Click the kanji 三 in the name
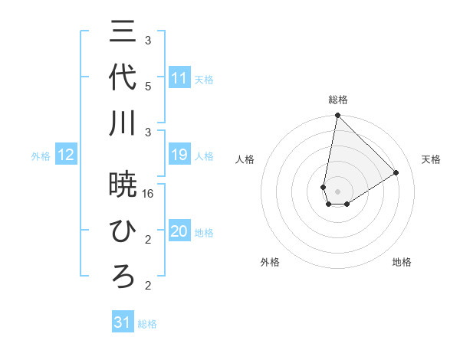click(123, 31)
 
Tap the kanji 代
click(123, 77)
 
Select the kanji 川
click(123, 123)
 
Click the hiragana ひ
click(123, 231)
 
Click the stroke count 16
click(149, 194)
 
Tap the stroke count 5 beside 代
click(148, 86)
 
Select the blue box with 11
click(179, 78)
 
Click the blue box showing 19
click(179, 155)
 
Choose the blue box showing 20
click(179, 232)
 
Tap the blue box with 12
click(66, 155)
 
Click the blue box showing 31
click(123, 323)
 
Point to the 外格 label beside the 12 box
click(41, 156)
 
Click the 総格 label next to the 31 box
click(147, 324)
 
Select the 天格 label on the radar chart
click(431, 159)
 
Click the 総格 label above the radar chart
click(337, 100)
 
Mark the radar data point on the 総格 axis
click(337, 116)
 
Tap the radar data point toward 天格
click(396, 172)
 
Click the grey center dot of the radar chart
click(337, 190)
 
